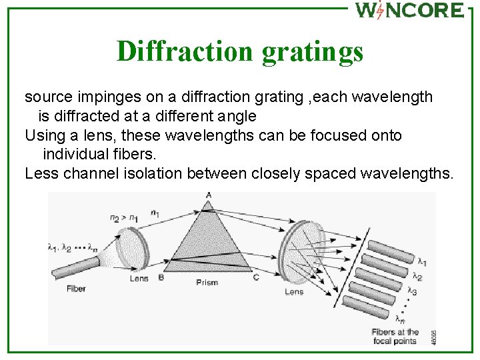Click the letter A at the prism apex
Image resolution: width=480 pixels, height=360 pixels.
point(209,195)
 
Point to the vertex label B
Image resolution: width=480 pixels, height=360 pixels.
point(161,277)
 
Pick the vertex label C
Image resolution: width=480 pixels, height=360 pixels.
point(256,277)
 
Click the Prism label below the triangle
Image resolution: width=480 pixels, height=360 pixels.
point(207,283)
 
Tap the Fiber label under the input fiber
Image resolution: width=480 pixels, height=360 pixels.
point(76,289)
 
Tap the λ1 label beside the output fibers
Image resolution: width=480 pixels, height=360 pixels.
point(423,260)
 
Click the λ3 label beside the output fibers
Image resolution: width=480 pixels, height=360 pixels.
point(413,291)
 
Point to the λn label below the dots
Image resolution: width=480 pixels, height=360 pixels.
point(399,318)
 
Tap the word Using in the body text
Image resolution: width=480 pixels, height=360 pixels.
point(43,135)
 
